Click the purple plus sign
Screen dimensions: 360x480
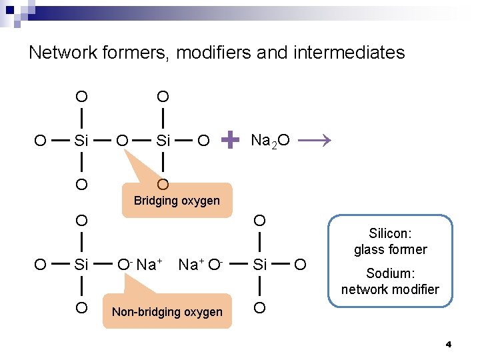click(230, 139)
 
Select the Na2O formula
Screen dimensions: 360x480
click(269, 140)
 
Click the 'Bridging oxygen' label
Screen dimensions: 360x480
click(177, 201)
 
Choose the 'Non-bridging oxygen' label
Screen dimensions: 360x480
click(167, 312)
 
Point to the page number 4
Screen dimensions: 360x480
click(448, 345)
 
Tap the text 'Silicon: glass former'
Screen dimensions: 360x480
click(390, 242)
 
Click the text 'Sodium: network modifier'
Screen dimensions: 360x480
click(390, 281)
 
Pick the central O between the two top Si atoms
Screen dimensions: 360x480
click(122, 141)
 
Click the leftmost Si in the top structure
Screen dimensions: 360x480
click(81, 141)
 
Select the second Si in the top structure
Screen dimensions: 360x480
click(163, 141)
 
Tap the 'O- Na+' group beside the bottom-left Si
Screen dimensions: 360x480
click(140, 265)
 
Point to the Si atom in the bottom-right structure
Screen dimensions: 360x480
click(259, 265)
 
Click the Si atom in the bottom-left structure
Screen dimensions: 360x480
click(81, 265)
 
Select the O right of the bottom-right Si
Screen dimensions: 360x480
click(300, 265)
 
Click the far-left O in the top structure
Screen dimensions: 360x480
click(40, 141)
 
